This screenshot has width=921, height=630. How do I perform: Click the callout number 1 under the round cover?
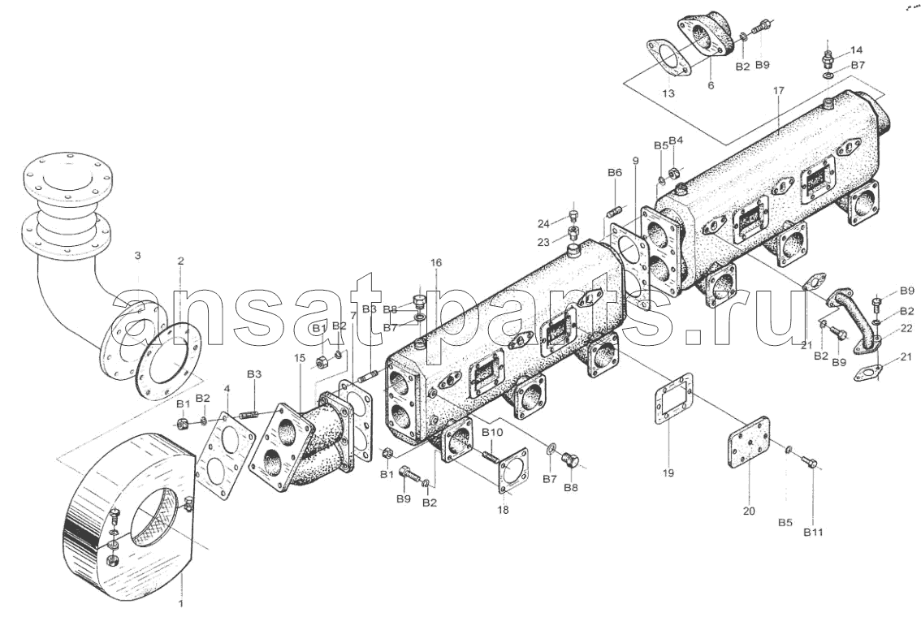(x=181, y=603)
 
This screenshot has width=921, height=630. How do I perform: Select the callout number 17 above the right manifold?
(x=778, y=91)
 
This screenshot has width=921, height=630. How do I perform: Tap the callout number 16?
(x=435, y=262)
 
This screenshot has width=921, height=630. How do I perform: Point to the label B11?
(x=814, y=533)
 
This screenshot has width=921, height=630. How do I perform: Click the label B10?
(x=492, y=433)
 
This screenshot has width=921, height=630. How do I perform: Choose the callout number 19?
(x=668, y=472)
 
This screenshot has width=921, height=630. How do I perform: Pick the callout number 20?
(x=748, y=511)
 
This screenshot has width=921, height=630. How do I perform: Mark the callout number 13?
(x=668, y=93)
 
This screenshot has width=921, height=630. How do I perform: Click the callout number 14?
(x=856, y=50)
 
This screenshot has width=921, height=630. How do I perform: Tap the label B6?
(x=614, y=173)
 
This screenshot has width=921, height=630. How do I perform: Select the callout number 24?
(x=543, y=224)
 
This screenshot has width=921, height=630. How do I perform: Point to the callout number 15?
(x=300, y=357)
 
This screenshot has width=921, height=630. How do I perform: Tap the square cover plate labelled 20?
(x=748, y=442)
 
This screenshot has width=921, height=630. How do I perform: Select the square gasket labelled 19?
(x=673, y=398)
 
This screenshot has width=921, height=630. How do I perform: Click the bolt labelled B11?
(x=810, y=461)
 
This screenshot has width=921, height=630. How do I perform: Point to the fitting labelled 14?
(x=828, y=59)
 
